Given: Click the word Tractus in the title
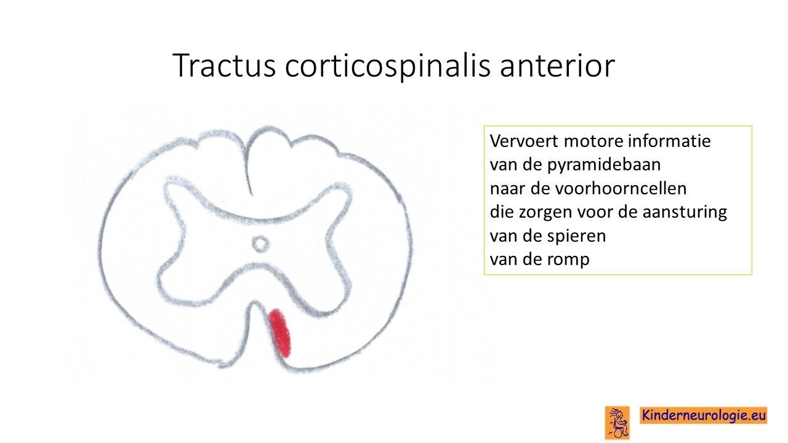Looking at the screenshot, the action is pyautogui.click(x=224, y=65).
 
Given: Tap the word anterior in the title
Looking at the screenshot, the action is pyautogui.click(x=557, y=65).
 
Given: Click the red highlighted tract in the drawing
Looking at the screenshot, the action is pyautogui.click(x=279, y=333).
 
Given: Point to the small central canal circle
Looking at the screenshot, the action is pyautogui.click(x=260, y=244).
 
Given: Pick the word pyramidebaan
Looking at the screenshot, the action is pyautogui.click(x=604, y=166).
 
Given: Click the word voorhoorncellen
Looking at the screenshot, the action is pyautogui.click(x=621, y=188).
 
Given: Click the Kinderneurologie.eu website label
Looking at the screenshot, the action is pyautogui.click(x=703, y=415).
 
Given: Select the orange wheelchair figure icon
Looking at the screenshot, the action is pyautogui.click(x=617, y=423).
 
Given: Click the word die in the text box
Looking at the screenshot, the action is pyautogui.click(x=501, y=212).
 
